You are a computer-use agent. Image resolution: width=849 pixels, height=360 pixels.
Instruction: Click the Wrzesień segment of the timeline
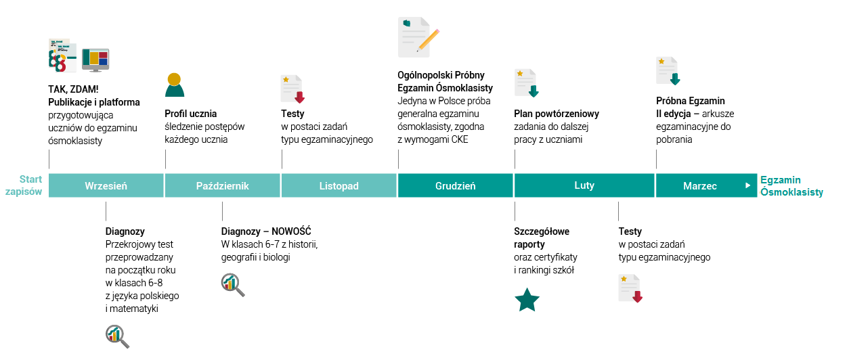(106, 185)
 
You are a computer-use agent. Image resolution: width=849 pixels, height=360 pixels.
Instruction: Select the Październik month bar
(223, 185)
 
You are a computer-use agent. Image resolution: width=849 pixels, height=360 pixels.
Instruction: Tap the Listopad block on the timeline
(339, 185)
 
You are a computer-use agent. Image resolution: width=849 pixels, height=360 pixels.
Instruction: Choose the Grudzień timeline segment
(455, 185)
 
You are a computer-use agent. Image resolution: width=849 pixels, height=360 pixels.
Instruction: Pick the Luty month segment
(584, 185)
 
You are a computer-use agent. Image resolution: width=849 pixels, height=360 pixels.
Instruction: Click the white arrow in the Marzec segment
(747, 185)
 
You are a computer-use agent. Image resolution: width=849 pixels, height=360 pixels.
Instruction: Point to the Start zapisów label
(24, 185)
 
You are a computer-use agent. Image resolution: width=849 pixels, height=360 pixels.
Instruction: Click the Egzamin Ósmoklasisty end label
(791, 185)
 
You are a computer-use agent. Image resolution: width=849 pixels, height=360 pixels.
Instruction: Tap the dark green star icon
(527, 300)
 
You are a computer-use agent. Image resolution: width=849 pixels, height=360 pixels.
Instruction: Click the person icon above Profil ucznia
(175, 85)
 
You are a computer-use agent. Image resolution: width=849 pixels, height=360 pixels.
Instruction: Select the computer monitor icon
(95, 60)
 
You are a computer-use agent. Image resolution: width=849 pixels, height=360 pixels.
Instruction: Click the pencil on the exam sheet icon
(429, 40)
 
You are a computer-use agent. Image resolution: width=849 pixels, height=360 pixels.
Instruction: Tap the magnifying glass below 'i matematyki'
(117, 336)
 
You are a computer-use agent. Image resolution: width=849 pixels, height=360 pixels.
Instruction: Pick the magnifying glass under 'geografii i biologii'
(233, 285)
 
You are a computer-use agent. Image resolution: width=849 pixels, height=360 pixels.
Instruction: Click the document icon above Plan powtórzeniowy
(527, 83)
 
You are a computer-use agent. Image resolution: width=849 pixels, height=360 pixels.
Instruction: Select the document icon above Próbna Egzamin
(668, 71)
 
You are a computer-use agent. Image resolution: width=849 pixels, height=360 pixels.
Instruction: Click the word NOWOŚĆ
(291, 231)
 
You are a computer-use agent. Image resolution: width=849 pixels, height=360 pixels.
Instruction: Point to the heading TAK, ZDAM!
(73, 89)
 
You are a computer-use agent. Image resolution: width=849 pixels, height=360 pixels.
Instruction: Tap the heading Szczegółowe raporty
(542, 238)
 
